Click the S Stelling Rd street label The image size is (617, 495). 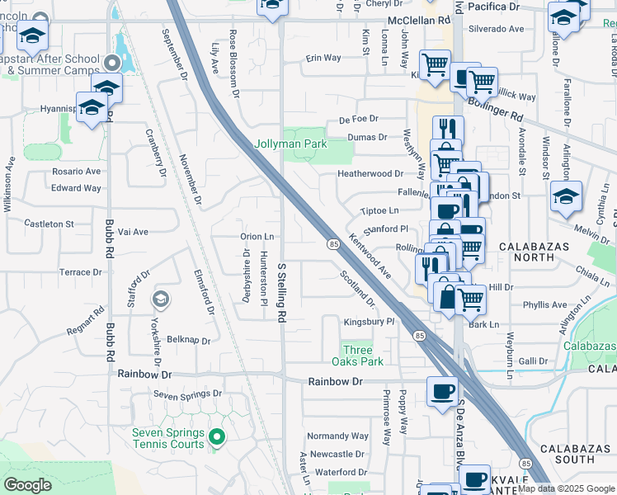(282, 293)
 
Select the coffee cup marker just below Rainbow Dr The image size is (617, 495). (442, 390)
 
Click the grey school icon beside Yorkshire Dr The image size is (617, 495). (161, 299)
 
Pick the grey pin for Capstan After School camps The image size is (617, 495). (113, 62)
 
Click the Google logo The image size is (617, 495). (27, 485)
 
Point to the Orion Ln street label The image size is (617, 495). (257, 236)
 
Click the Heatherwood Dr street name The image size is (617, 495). (370, 174)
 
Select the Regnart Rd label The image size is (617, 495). (86, 322)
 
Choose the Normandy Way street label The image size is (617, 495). (337, 436)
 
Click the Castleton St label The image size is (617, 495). (49, 224)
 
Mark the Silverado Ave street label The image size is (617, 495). (496, 29)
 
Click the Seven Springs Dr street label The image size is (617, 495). (187, 394)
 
